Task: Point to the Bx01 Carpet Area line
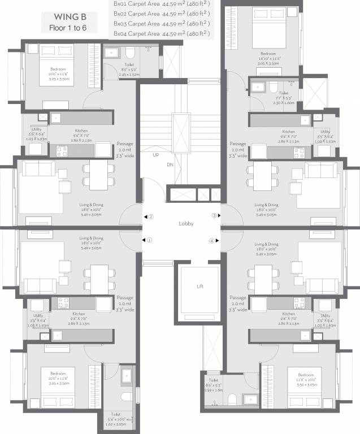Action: tap(161, 3)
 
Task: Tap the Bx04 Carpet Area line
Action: tap(161, 34)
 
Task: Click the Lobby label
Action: tap(186, 224)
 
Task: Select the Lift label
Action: tap(199, 287)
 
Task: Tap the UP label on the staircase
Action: tap(155, 154)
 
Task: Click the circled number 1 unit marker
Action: tap(150, 240)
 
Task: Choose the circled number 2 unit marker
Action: tap(150, 216)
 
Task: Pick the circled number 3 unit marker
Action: tap(215, 215)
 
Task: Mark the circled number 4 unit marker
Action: tap(212, 240)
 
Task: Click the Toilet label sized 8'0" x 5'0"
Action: tap(129, 65)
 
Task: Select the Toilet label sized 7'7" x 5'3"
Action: tap(283, 92)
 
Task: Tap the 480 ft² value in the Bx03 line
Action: tap(199, 24)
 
